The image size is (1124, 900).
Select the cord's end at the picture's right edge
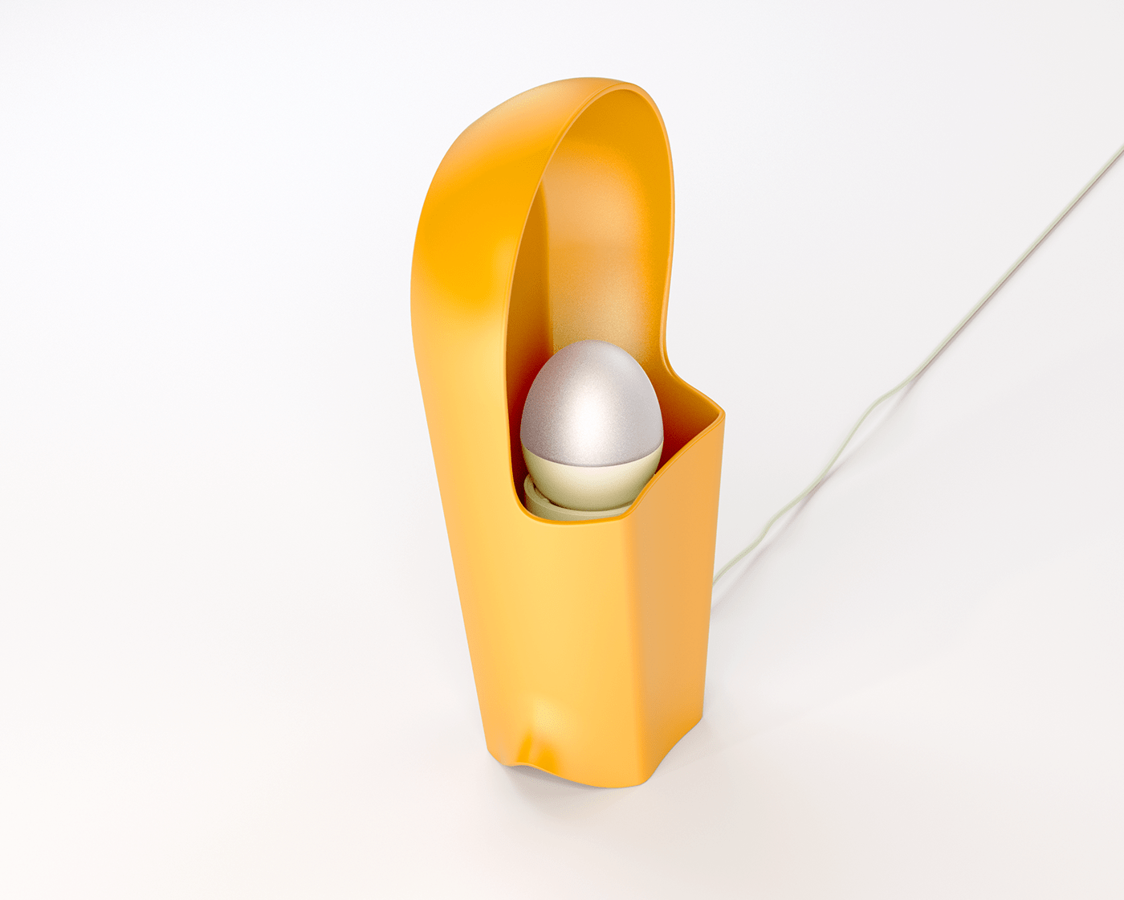[1122, 149]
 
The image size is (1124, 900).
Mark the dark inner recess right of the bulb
[682, 434]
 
